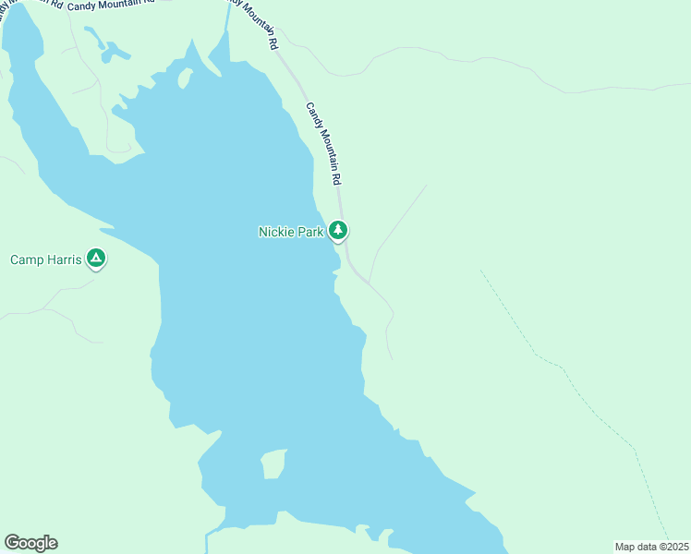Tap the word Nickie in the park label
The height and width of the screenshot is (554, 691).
click(x=276, y=232)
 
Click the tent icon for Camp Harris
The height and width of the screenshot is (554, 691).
click(x=96, y=259)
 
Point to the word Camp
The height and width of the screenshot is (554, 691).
click(x=26, y=259)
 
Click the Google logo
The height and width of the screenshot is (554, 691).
click(x=30, y=543)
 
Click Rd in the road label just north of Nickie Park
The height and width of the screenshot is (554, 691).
click(x=337, y=174)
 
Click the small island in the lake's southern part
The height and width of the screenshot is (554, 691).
click(x=273, y=464)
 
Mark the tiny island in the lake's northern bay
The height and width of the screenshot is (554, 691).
click(x=184, y=79)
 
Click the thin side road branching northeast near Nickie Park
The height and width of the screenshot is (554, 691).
click(x=397, y=226)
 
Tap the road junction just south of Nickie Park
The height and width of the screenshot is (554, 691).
click(x=368, y=283)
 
